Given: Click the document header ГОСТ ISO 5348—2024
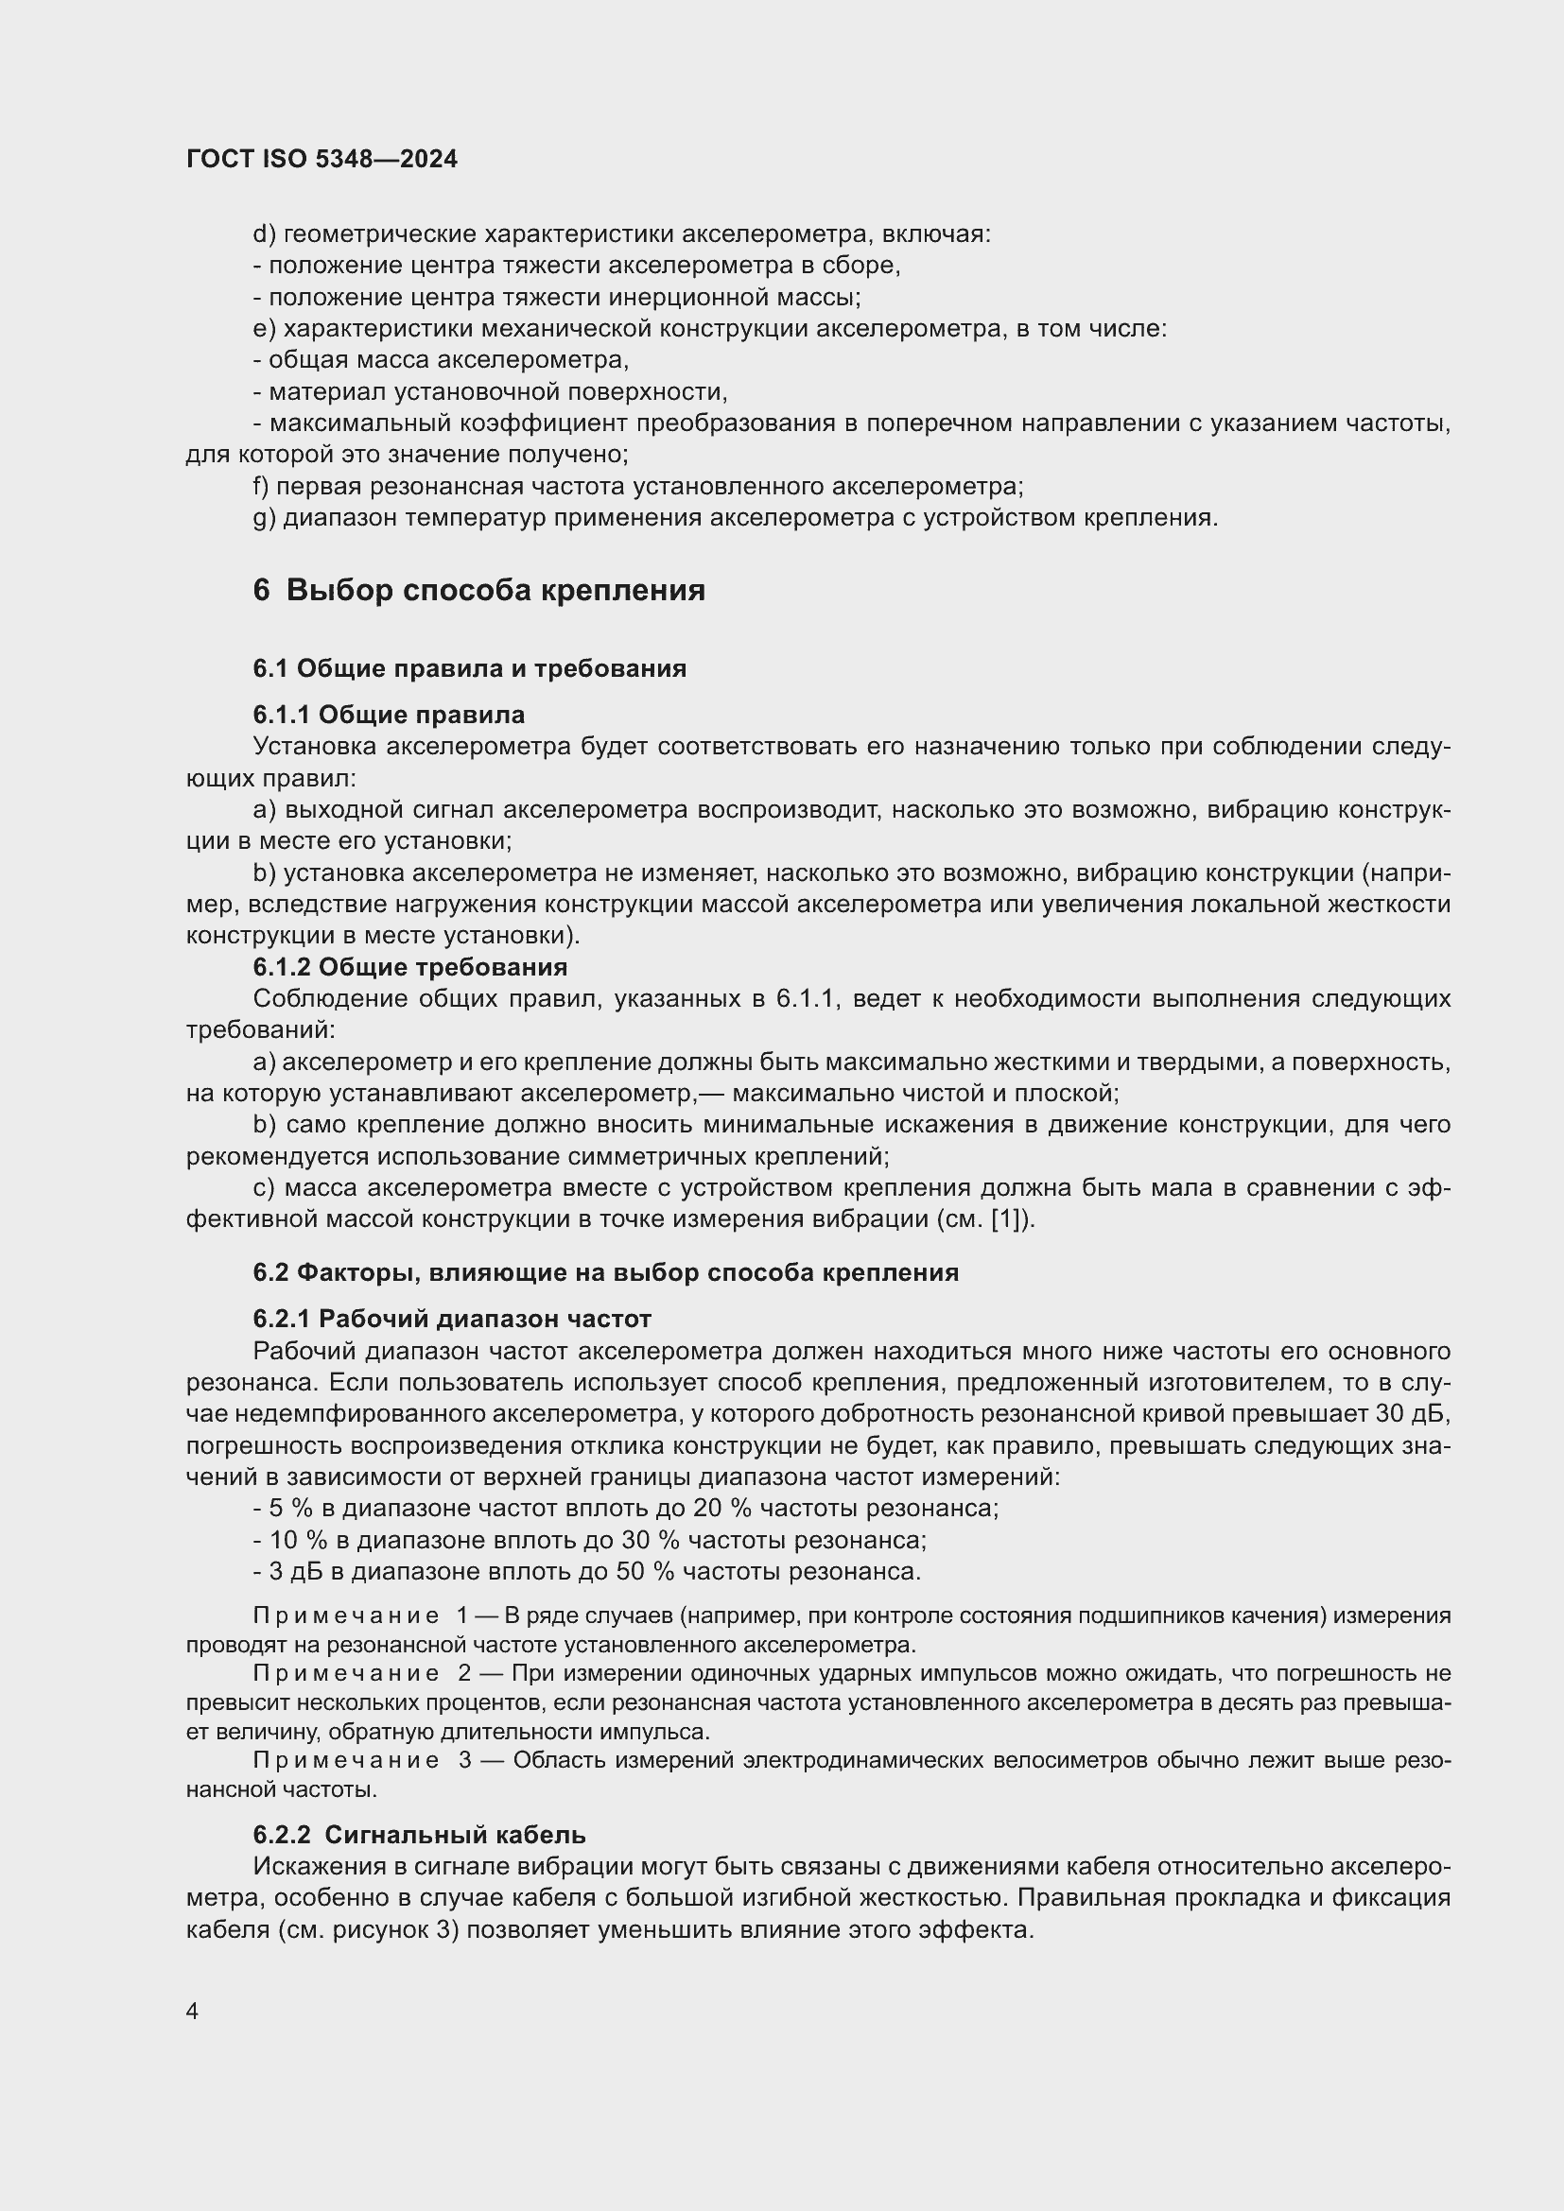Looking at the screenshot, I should tap(321, 159).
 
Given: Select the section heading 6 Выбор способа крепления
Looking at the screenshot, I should tap(478, 589).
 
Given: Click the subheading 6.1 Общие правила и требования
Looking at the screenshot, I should tap(469, 667).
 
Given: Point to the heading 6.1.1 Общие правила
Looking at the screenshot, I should tap(388, 715).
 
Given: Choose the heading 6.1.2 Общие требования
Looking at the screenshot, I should tap(409, 966).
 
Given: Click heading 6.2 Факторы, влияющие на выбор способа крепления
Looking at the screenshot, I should tap(605, 1272).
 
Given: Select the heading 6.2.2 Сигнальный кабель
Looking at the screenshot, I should tap(419, 1835).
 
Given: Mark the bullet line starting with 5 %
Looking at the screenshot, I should tap(626, 1508).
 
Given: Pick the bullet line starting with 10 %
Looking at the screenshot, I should tap(589, 1540).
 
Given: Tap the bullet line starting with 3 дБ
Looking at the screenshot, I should tap(586, 1572).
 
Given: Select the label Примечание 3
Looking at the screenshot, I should tap(360, 1760).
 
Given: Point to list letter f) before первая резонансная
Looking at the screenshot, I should tap(260, 486).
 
